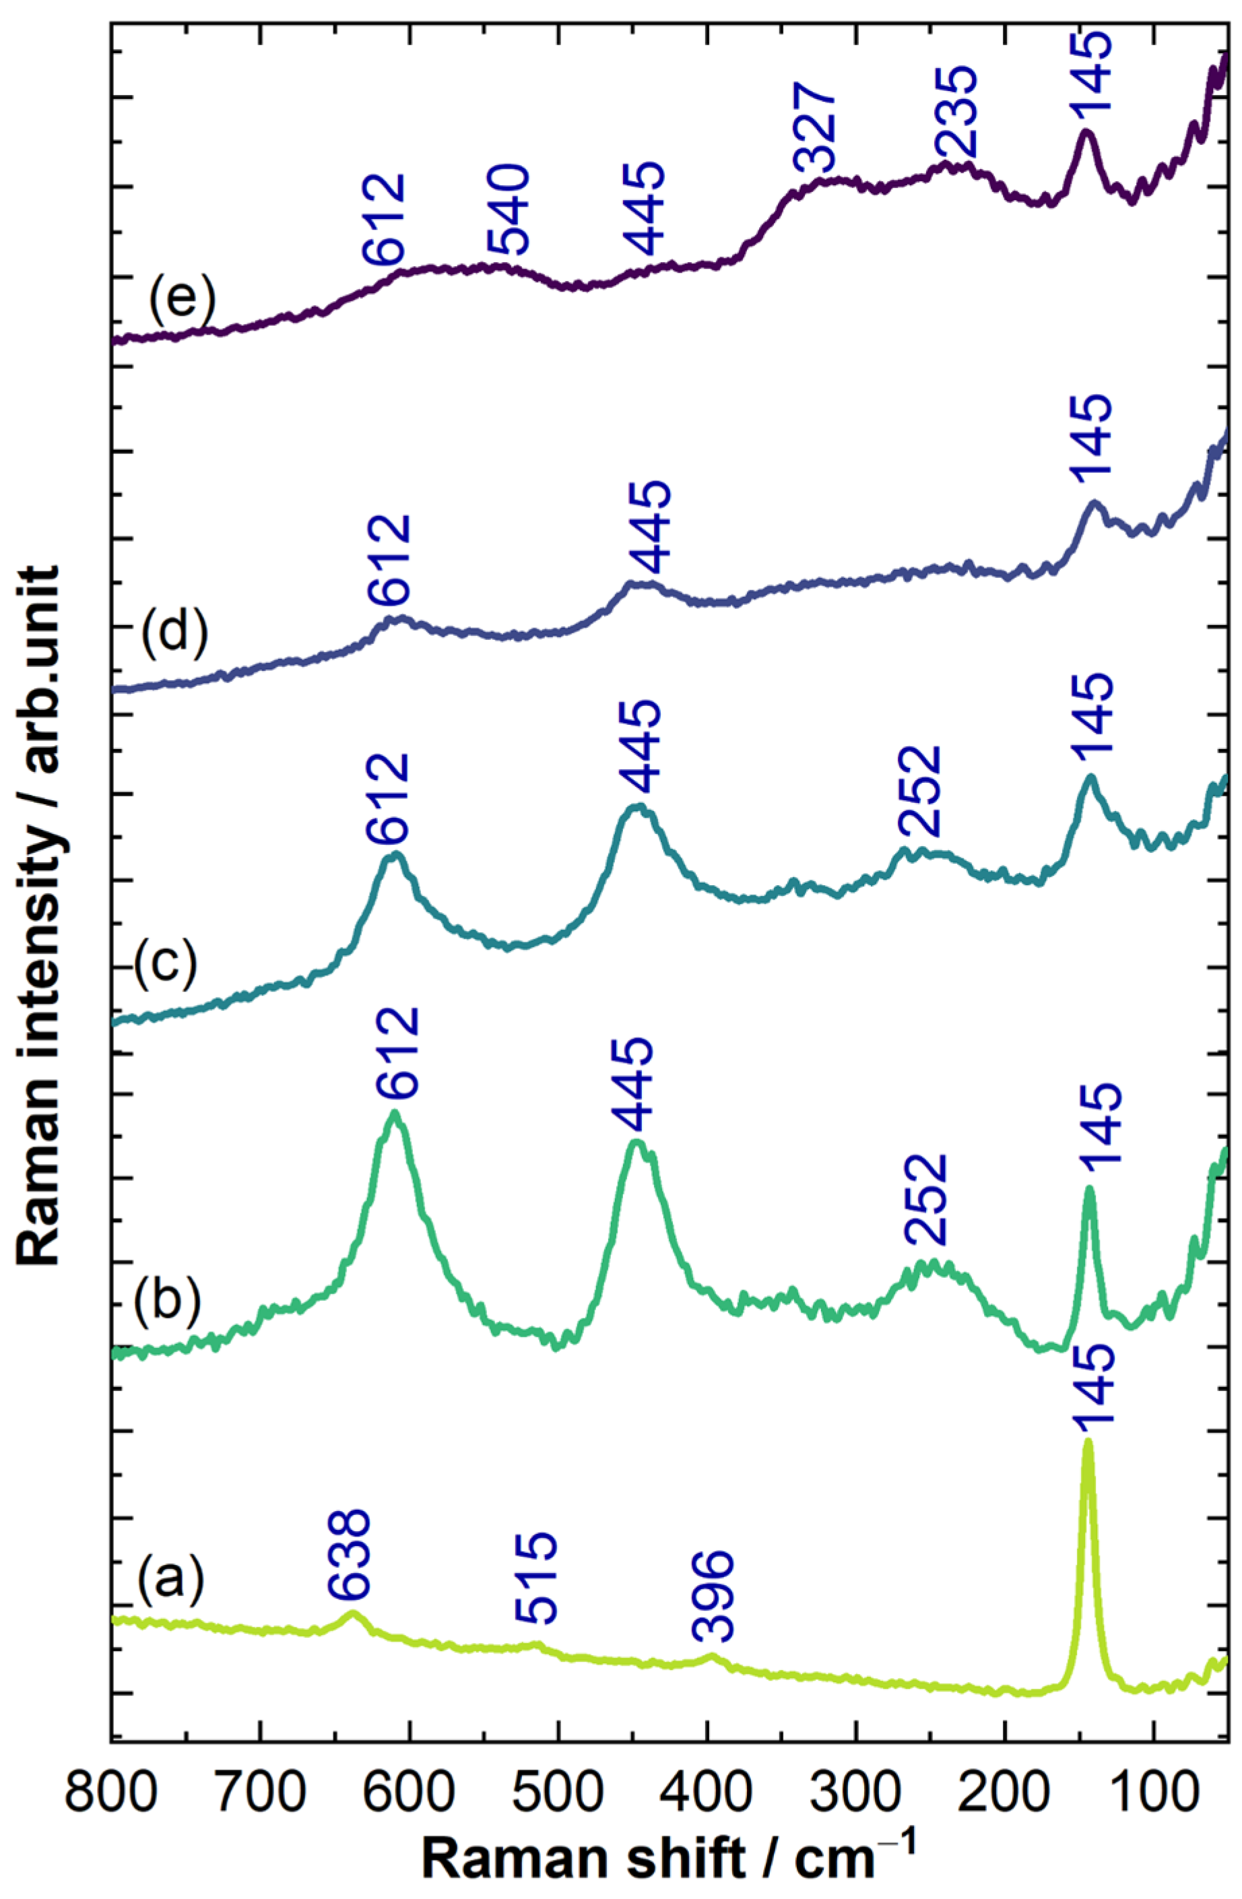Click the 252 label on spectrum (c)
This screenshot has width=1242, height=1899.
[922, 791]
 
